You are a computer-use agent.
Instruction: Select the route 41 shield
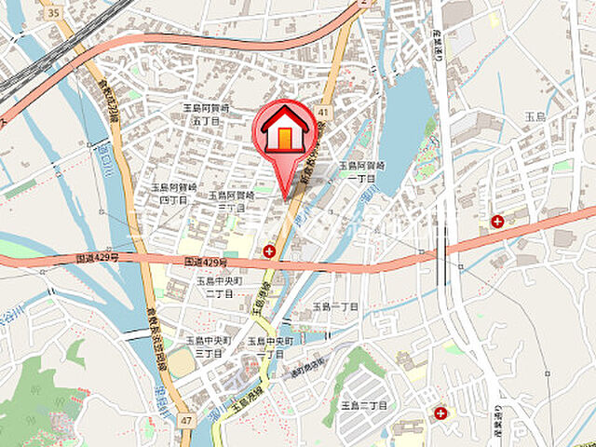[x=323, y=112]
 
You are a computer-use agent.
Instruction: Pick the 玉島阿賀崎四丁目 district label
[x=174, y=193]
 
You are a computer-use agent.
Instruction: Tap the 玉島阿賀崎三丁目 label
[x=231, y=201]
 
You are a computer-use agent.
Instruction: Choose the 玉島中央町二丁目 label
[x=219, y=286]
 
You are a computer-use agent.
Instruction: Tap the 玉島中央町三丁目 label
[x=205, y=347]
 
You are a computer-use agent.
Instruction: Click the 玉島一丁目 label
[x=335, y=306]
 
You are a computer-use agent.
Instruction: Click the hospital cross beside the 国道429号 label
[x=268, y=251]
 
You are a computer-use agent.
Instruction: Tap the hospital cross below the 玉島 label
[x=497, y=222]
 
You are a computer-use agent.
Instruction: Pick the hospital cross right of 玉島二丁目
[x=440, y=411]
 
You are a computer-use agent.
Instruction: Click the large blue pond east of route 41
[x=402, y=121]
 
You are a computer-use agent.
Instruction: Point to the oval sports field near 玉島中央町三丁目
[x=183, y=362]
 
